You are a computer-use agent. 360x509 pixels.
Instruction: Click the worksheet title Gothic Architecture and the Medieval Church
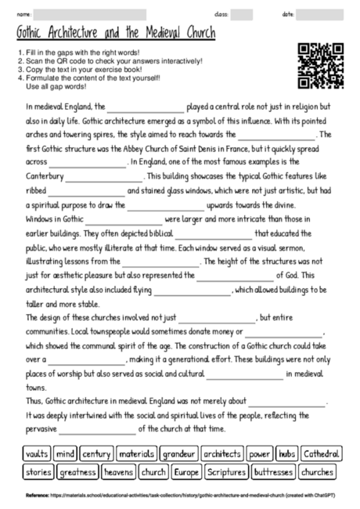tap(116, 34)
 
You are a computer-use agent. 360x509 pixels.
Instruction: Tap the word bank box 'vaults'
tap(37, 453)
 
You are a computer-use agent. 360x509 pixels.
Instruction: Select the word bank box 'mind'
tap(65, 453)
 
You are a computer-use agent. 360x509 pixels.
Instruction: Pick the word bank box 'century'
tap(96, 453)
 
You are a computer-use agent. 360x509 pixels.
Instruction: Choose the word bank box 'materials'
tap(137, 453)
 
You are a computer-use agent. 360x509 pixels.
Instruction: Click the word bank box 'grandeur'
tap(179, 453)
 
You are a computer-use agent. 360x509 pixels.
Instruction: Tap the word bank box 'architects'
tap(221, 453)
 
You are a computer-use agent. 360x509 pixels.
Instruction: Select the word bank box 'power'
tap(259, 453)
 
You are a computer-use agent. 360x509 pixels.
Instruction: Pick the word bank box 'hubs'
tap(286, 453)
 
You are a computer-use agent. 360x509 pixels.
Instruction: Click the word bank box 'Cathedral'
tap(320, 453)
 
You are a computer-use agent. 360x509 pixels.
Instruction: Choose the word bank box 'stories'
tap(38, 472)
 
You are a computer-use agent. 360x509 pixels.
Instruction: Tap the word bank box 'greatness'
tap(77, 472)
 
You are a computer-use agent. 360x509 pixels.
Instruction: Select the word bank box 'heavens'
tap(118, 472)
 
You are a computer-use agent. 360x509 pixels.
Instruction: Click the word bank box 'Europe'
tap(186, 472)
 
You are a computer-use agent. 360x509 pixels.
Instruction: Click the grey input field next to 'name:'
tap(91, 14)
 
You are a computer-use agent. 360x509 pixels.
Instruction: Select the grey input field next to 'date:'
tap(322, 14)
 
